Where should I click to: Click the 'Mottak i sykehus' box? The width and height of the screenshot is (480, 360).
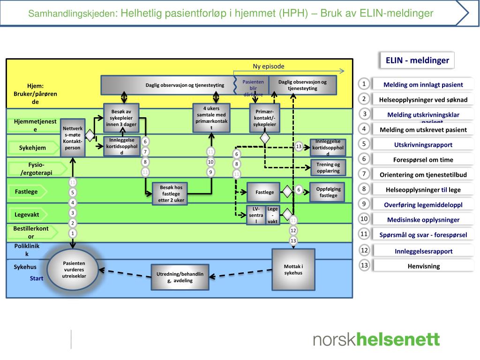[293, 270]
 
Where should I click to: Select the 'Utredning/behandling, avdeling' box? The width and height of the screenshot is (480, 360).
[180, 277]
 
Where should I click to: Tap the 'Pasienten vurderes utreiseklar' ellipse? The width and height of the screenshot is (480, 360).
[74, 270]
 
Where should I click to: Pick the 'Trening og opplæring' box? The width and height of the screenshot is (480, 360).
[328, 167]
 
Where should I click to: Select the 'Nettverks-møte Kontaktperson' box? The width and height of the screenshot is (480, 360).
[73, 137]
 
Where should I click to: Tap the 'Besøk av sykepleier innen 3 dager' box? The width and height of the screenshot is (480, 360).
[121, 118]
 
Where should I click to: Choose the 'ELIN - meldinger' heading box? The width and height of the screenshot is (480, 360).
[417, 60]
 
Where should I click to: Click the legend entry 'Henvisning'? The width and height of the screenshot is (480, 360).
[423, 266]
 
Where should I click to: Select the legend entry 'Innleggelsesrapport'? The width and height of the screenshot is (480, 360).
[423, 251]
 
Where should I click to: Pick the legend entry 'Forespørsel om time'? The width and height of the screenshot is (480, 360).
[423, 159]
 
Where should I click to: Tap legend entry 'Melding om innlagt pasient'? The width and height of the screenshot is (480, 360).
[423, 84]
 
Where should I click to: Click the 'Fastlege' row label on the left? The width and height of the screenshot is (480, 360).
[27, 191]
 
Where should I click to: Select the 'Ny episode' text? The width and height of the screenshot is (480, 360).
[269, 67]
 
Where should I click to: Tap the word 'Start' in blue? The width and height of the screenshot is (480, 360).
[37, 278]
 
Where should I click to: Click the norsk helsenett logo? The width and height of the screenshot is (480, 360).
[376, 339]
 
